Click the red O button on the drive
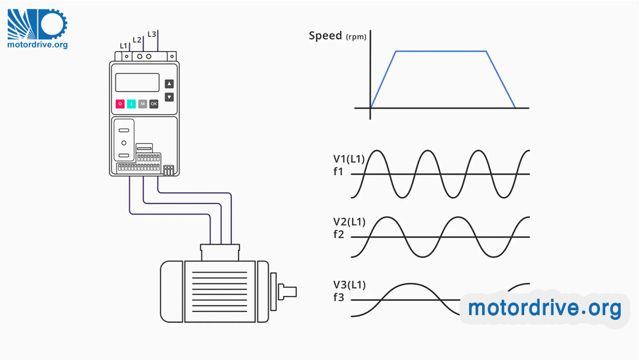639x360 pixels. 120,104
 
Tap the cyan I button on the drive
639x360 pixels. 131,104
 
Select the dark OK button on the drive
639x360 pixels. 154,104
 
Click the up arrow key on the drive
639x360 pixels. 169,84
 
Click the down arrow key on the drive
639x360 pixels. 169,97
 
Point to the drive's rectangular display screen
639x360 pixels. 137,82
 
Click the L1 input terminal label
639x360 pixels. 123,46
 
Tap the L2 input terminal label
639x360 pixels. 137,40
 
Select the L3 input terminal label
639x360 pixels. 151,34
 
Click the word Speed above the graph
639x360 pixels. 325,36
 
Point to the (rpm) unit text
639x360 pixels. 356,37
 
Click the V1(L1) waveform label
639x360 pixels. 349,159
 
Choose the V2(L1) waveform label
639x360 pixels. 349,222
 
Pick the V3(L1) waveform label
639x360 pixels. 349,285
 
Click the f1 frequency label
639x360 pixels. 338,173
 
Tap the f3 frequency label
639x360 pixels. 338,298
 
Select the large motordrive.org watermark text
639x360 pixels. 544,308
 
